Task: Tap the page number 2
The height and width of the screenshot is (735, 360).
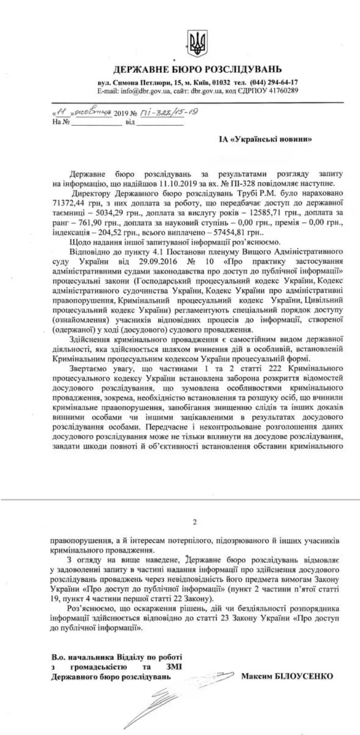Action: pyautogui.click(x=195, y=523)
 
